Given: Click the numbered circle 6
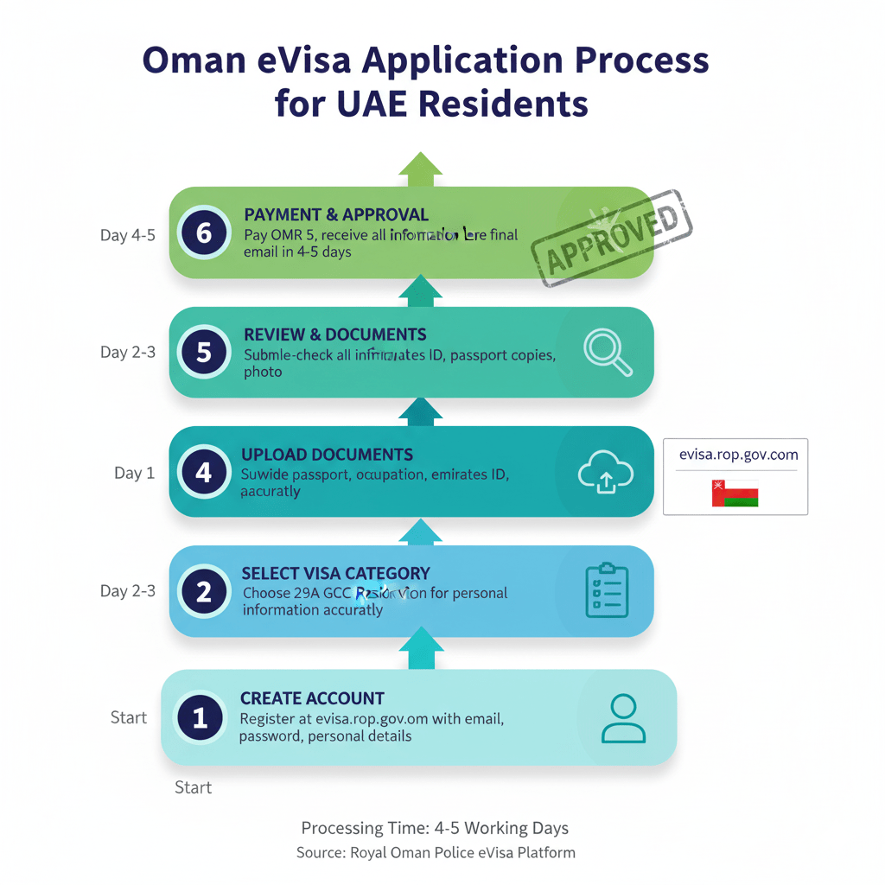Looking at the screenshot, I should [x=204, y=233].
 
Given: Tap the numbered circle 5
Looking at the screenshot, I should [x=204, y=353].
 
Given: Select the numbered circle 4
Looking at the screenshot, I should [x=204, y=473].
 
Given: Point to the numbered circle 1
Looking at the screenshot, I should [x=201, y=717].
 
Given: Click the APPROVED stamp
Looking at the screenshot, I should [x=611, y=239].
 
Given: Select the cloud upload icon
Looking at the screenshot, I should [x=605, y=474].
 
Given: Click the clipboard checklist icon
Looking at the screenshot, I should [x=607, y=591].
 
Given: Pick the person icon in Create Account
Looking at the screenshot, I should [x=622, y=718].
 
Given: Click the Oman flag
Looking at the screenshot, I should [x=735, y=493].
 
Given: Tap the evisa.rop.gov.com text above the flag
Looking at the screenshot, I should [x=738, y=454].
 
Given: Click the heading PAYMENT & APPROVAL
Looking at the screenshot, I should [x=336, y=215].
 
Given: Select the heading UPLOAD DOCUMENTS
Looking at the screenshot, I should [x=327, y=455].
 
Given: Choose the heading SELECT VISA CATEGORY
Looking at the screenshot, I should [x=335, y=573].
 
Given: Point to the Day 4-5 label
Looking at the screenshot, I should [x=128, y=234].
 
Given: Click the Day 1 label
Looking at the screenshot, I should [x=134, y=473].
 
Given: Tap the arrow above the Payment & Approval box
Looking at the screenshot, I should [x=420, y=169].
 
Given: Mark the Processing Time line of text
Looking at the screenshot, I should [x=435, y=828].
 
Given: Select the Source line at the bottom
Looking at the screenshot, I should [x=436, y=853].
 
